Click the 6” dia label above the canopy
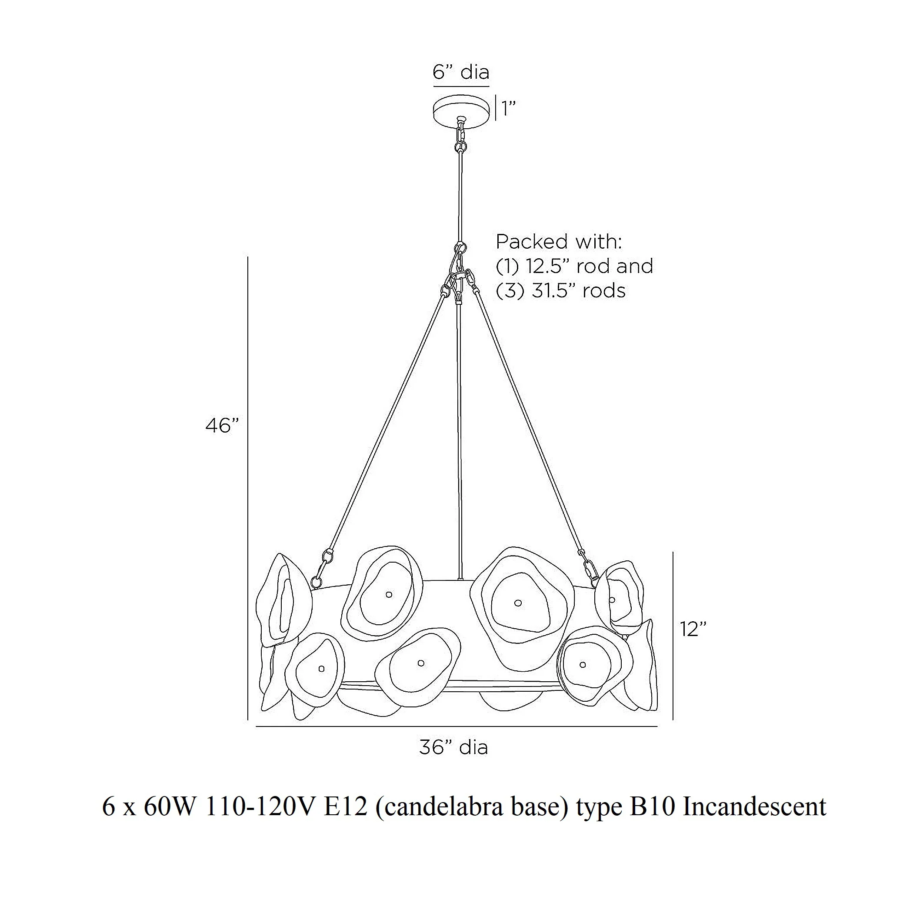[461, 72]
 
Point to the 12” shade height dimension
[693, 629]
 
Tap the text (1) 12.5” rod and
[574, 267]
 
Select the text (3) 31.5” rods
[560, 290]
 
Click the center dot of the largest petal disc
[518, 603]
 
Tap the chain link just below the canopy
[460, 137]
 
